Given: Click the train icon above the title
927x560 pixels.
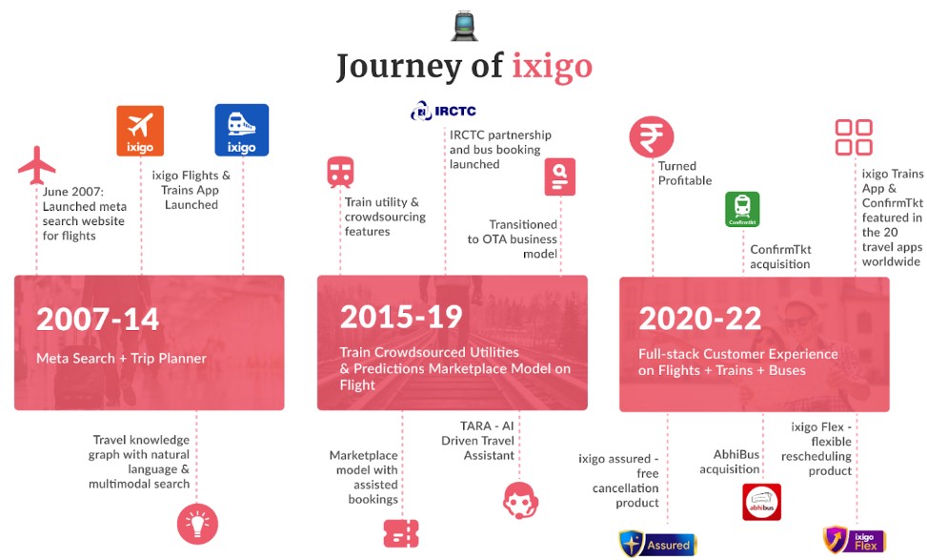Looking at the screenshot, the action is click(x=464, y=26).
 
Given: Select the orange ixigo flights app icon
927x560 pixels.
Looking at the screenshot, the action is click(x=140, y=131).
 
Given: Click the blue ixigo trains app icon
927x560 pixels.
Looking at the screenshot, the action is click(x=241, y=131).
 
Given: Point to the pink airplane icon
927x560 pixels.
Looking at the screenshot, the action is click(x=36, y=165).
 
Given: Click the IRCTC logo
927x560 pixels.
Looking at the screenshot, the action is click(x=443, y=111).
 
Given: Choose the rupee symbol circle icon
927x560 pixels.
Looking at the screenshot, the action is click(x=651, y=136).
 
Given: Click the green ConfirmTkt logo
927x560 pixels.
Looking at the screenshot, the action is click(x=742, y=210).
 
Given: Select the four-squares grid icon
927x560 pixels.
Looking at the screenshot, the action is click(x=854, y=137).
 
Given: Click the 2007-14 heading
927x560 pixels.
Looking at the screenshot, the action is click(x=97, y=319).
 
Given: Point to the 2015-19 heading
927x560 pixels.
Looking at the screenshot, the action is click(x=401, y=317).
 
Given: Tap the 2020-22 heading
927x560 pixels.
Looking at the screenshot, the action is click(x=700, y=319).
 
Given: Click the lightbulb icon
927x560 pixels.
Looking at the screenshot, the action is click(x=197, y=524).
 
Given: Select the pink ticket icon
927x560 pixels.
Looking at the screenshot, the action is click(x=401, y=533).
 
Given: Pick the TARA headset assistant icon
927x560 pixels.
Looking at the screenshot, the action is click(x=520, y=500).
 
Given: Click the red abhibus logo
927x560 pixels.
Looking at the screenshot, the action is click(x=761, y=502).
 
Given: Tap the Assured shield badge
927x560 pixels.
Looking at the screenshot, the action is click(x=657, y=544).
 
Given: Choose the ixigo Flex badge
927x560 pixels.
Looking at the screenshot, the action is click(x=855, y=540).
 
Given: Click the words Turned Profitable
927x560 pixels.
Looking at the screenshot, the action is click(x=685, y=174).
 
